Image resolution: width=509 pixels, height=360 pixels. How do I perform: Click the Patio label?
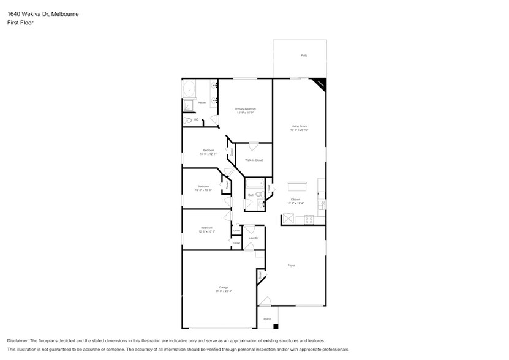(x=304, y=56)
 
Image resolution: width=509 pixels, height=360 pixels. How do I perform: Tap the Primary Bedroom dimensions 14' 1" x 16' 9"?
(x=245, y=113)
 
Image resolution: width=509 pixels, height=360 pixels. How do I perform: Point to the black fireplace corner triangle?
(x=320, y=83)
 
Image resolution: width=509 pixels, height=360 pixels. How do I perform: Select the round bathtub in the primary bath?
(x=189, y=89)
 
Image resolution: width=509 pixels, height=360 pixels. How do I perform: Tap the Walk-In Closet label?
(x=254, y=160)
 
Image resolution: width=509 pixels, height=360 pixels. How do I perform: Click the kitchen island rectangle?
(x=297, y=186)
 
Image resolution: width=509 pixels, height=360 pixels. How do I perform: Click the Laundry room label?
(x=253, y=238)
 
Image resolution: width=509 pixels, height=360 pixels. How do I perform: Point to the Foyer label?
(x=292, y=266)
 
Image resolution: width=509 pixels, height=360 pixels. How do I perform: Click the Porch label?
(x=267, y=319)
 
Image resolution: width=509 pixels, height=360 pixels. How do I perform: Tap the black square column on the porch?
(x=276, y=326)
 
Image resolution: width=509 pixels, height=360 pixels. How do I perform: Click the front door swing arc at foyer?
(x=265, y=301)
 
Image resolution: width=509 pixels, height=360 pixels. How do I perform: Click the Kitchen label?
(x=295, y=200)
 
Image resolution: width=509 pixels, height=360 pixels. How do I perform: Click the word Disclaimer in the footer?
(x=18, y=340)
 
